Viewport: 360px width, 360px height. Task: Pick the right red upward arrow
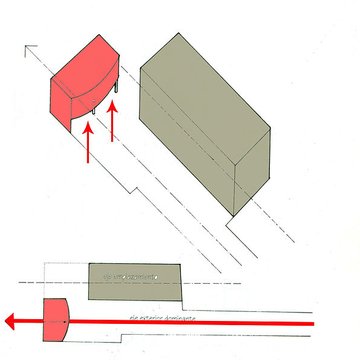tap(113, 121)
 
